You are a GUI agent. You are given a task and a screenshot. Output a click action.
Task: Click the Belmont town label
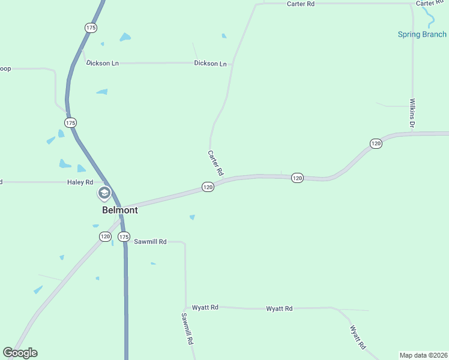(120, 210)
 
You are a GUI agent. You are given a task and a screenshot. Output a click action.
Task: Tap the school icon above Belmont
(104, 193)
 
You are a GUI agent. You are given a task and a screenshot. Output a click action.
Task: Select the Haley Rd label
(80, 182)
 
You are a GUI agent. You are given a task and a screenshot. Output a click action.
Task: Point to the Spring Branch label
(422, 34)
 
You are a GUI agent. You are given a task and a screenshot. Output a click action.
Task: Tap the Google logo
(20, 353)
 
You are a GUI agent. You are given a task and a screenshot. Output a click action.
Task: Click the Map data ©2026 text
(424, 355)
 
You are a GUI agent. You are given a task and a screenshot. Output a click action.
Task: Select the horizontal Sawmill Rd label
(149, 241)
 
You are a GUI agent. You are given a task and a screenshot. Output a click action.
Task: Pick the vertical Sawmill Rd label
(186, 328)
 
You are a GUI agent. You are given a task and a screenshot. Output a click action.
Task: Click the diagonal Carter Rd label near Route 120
(215, 163)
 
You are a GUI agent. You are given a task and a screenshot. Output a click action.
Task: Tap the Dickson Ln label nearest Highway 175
(102, 63)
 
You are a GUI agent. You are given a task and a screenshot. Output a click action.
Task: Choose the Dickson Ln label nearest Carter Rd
(210, 63)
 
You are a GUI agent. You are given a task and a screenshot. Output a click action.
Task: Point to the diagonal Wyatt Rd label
(358, 337)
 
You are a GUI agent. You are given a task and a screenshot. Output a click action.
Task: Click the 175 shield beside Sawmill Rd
(124, 237)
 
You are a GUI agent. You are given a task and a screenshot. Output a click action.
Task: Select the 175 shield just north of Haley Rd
(71, 122)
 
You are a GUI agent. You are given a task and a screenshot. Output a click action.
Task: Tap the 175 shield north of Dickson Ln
(91, 28)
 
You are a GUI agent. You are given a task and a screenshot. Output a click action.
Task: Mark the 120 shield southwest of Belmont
(105, 237)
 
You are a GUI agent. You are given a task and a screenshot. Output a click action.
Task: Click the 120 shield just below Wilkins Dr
(376, 143)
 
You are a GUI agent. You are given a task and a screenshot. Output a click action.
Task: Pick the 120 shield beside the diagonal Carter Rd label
(208, 187)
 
